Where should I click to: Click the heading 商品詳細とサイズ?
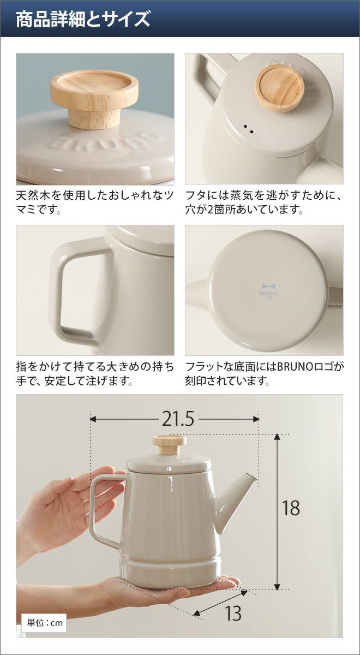click(x=83, y=19)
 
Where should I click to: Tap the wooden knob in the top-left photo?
click(x=94, y=98)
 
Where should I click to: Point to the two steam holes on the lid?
click(x=249, y=129)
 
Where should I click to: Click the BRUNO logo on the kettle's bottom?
click(x=270, y=290)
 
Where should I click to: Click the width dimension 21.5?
click(x=178, y=419)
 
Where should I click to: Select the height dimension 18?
click(x=291, y=508)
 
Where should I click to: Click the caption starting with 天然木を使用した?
click(x=95, y=203)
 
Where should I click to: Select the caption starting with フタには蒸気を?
click(x=263, y=203)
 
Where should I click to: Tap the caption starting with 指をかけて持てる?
click(x=95, y=373)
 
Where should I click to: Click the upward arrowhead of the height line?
click(x=277, y=438)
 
